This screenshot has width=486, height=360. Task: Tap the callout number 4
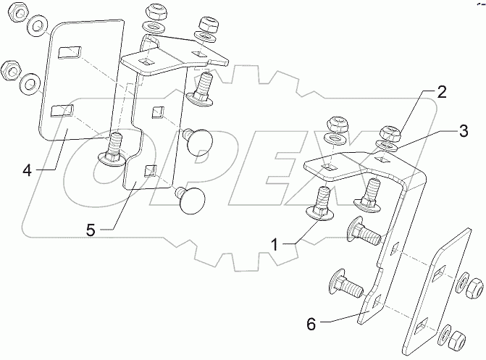27,171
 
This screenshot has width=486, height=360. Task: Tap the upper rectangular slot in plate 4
70,53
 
